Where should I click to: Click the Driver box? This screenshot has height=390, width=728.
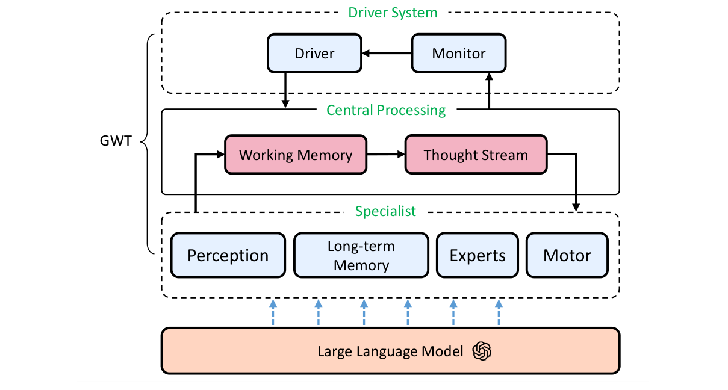point(314,54)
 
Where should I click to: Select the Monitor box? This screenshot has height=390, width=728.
point(459,54)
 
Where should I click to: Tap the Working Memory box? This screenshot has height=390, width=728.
point(295,155)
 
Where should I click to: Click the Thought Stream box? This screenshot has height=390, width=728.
point(476,155)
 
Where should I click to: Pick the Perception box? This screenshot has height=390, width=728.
point(228,255)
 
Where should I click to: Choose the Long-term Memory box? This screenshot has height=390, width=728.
point(361,255)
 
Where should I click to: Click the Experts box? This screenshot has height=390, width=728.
point(478,255)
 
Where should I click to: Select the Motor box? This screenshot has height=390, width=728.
point(567,255)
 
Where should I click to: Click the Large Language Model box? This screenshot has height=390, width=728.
point(390,351)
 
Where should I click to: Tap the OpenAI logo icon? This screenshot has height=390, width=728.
point(482,351)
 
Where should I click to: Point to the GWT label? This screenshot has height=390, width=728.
point(115,144)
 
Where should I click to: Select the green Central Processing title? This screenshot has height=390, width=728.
point(386,110)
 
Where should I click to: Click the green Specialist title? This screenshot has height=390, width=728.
point(385,211)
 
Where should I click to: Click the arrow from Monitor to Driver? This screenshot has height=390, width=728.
point(387,54)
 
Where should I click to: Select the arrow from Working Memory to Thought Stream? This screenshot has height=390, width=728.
point(385,155)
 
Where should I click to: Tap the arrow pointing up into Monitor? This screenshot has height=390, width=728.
point(489,90)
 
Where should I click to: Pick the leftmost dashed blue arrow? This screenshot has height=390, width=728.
point(273,313)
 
